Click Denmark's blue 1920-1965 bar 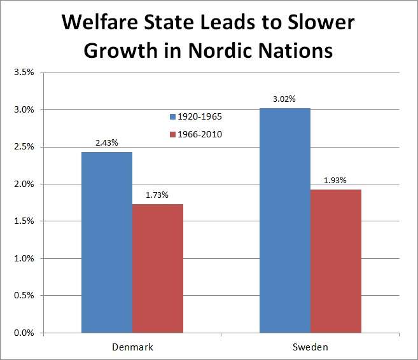106,242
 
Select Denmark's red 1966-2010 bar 157,268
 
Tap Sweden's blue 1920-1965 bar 285,220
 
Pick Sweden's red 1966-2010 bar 335,261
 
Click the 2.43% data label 106,143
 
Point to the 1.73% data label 157,195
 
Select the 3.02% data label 285,99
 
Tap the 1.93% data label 335,181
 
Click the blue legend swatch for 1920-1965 172,117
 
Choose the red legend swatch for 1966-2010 172,134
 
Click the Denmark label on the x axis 132,347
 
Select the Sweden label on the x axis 310,347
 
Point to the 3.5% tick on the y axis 24,73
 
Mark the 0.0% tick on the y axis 24,333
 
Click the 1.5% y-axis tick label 24,221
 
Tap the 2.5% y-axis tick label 24,147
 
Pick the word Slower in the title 314,24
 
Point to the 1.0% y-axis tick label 24,258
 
